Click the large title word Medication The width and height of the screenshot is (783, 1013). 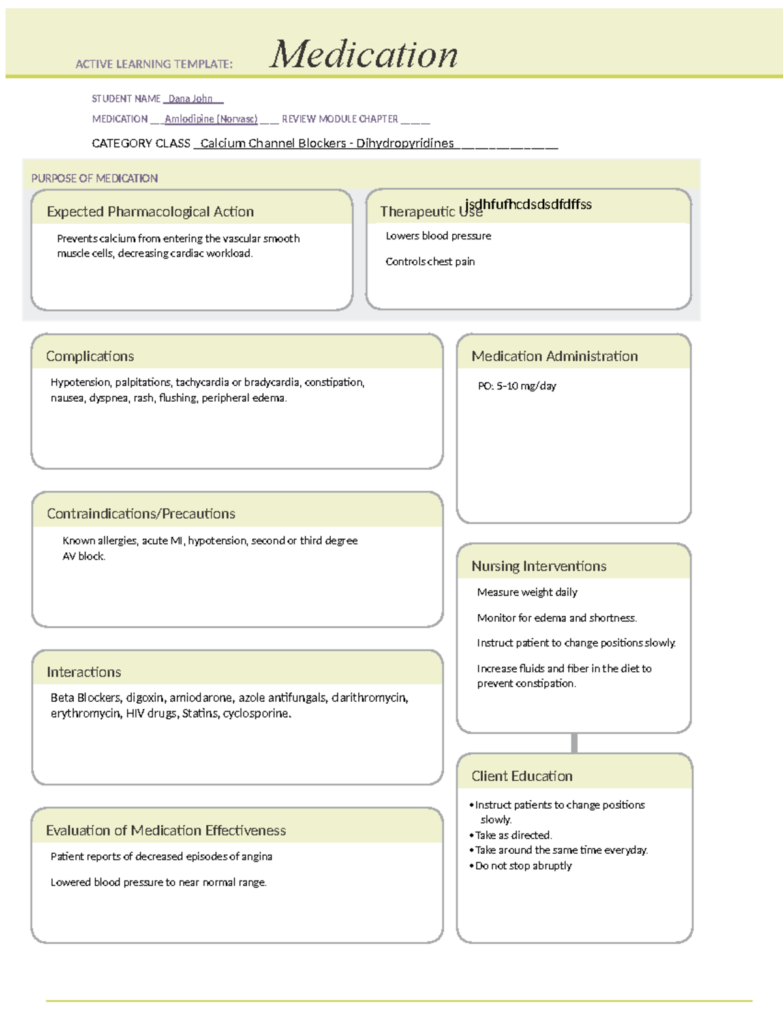(x=363, y=54)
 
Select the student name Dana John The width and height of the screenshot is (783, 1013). (x=191, y=99)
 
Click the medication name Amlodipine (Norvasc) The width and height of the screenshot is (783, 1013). (x=211, y=119)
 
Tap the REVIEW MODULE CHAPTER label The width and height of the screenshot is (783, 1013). (x=339, y=119)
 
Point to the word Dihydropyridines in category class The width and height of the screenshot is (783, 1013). (x=405, y=144)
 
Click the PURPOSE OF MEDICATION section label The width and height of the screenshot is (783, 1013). (x=95, y=178)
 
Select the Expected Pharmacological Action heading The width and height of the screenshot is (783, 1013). (x=150, y=212)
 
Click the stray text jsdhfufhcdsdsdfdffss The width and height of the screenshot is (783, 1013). (x=529, y=204)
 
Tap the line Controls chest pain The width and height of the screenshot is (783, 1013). (x=430, y=262)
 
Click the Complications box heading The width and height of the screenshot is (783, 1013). (x=90, y=356)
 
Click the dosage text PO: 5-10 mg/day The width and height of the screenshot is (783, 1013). (x=517, y=386)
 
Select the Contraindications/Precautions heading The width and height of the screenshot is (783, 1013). (x=141, y=514)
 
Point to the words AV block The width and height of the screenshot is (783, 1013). (x=84, y=556)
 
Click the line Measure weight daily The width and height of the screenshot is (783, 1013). (x=527, y=592)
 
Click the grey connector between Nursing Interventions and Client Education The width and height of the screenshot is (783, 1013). (x=574, y=743)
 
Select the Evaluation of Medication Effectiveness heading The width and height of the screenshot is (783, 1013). (x=166, y=830)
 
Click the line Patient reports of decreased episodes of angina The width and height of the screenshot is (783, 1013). (x=161, y=856)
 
